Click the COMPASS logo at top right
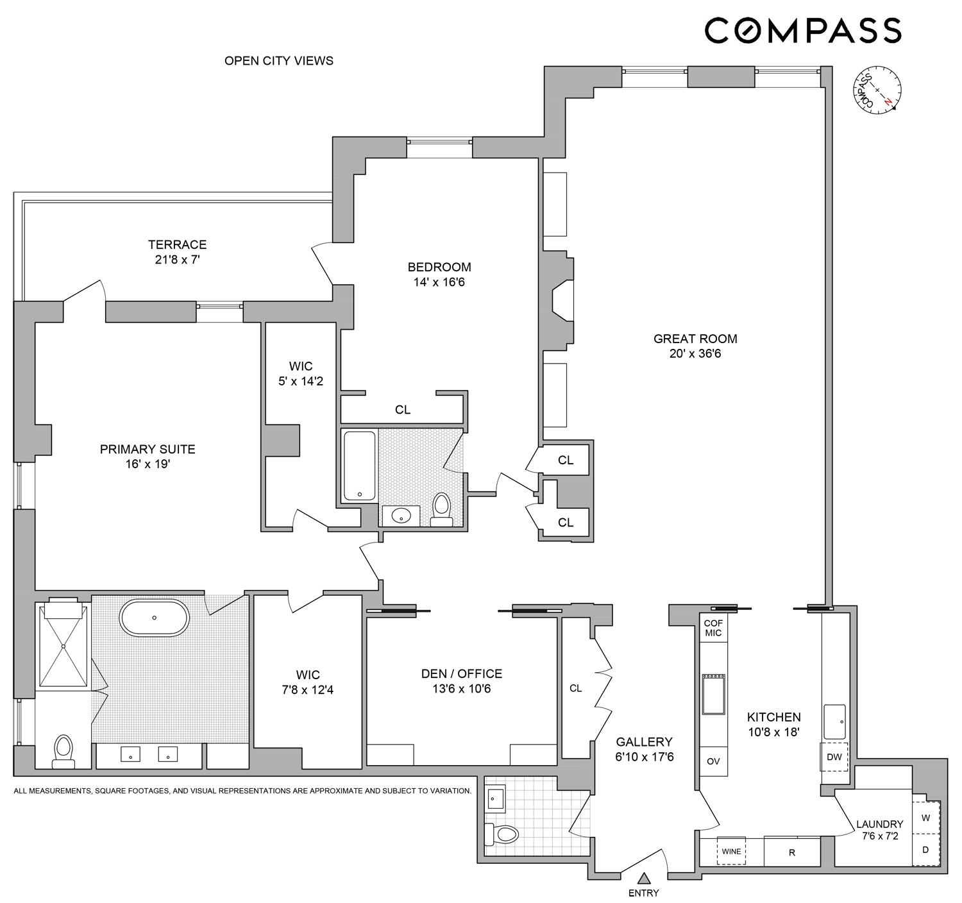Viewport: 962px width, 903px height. (x=803, y=31)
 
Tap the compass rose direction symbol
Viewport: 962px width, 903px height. (x=877, y=90)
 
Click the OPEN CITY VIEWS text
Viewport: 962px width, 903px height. (x=278, y=61)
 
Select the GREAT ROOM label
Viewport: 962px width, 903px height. (x=695, y=339)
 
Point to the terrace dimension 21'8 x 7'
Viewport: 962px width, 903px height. (x=177, y=260)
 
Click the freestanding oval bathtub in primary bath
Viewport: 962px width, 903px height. (x=155, y=618)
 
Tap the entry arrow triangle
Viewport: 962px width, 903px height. (x=644, y=879)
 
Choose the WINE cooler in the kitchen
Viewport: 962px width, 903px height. (x=731, y=851)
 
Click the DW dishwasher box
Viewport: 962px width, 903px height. (x=834, y=757)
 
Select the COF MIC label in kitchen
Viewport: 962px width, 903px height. (x=713, y=628)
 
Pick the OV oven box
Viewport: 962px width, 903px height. (x=713, y=761)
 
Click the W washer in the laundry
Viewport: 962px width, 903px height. (x=925, y=818)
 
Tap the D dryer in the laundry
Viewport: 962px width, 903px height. (x=925, y=850)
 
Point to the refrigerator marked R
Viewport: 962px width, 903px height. (x=792, y=852)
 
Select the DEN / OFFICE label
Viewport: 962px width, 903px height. (x=461, y=673)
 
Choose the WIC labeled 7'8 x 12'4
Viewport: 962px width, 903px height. (x=308, y=682)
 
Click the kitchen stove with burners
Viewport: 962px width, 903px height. (x=713, y=694)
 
